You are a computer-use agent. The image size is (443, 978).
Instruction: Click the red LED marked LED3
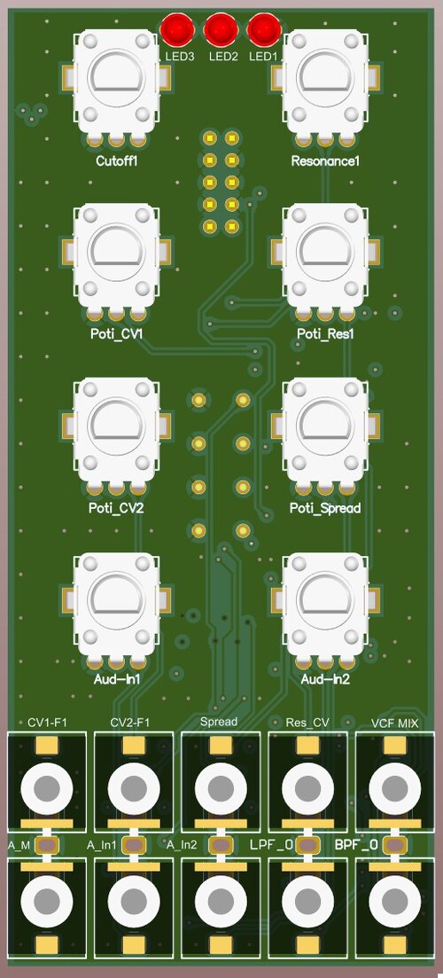(x=178, y=30)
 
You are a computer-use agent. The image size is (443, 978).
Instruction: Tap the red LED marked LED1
(x=263, y=30)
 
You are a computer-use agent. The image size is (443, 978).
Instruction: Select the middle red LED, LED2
(x=221, y=30)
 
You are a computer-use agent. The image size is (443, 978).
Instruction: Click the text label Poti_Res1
(x=325, y=334)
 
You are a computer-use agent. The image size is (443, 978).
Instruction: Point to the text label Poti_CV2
(x=117, y=509)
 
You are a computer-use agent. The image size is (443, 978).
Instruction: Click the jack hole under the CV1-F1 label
(x=47, y=786)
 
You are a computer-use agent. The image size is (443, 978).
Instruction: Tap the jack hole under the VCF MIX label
(x=394, y=786)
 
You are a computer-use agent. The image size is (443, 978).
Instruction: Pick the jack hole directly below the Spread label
(x=220, y=786)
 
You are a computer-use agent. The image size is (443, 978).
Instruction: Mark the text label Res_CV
(x=308, y=723)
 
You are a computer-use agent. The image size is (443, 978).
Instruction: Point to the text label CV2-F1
(x=130, y=723)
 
